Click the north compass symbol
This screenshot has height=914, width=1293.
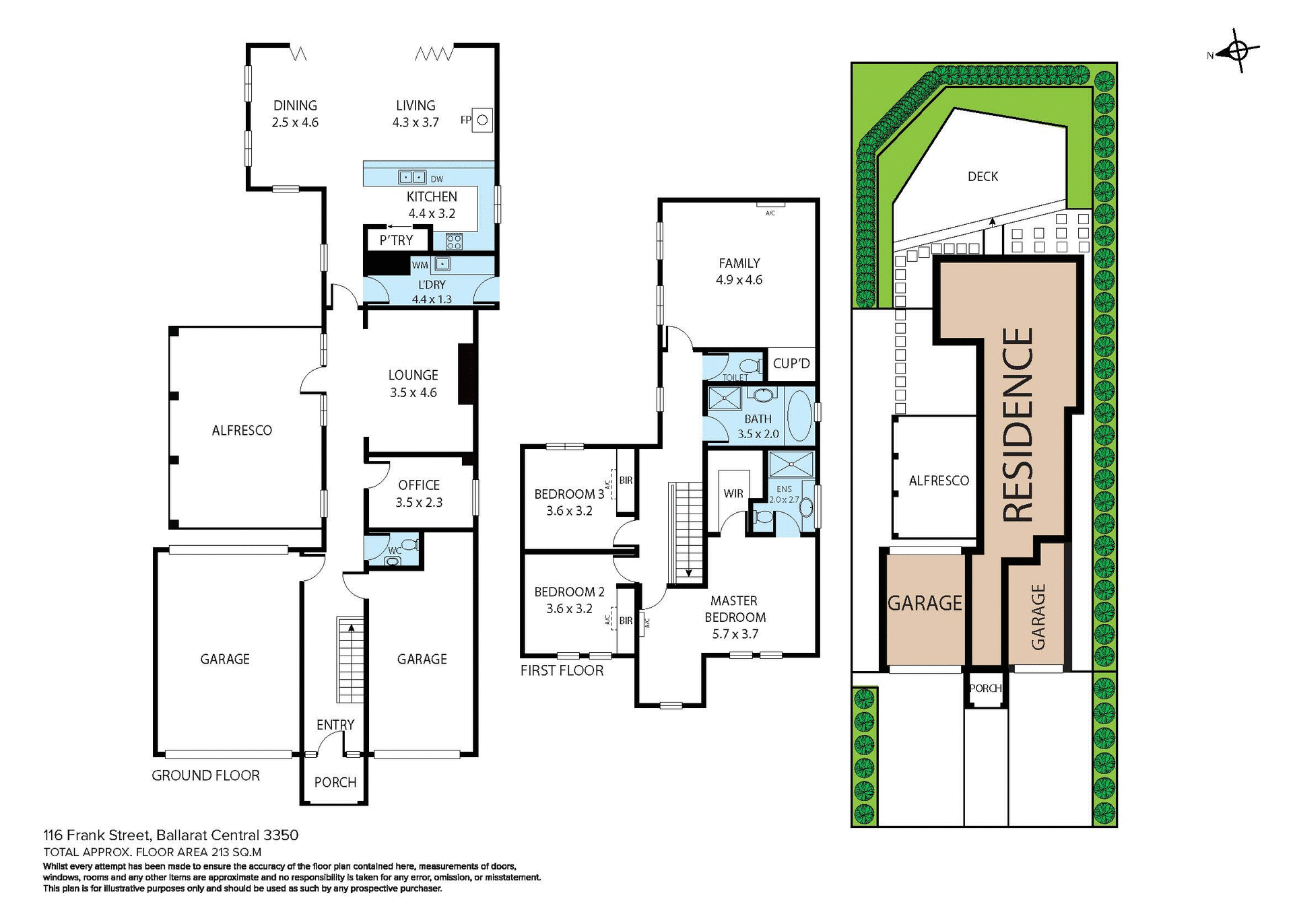[x=1238, y=50]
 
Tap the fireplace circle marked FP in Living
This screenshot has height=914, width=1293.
[x=482, y=120]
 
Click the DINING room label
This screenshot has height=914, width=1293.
[x=295, y=106]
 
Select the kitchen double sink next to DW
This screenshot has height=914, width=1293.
[x=412, y=178]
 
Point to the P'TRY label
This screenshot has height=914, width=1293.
[x=396, y=240]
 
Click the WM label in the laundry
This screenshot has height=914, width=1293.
[x=420, y=265]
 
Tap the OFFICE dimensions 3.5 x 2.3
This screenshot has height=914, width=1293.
[x=419, y=503]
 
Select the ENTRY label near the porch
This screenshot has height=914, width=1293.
[x=335, y=725]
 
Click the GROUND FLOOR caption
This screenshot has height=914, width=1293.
[x=205, y=775]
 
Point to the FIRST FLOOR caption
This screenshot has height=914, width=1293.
[x=562, y=670]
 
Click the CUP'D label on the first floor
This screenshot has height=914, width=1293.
[x=791, y=363]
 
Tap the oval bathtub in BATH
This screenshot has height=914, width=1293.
[x=799, y=415]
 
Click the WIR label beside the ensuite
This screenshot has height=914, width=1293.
[x=733, y=493]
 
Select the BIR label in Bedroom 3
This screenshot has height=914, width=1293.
[x=626, y=481]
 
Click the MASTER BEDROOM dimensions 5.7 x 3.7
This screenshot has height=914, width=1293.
[x=735, y=634]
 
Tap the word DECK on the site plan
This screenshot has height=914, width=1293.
[x=983, y=176]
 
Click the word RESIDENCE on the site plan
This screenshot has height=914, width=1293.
[x=1018, y=425]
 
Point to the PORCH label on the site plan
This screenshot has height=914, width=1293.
[x=985, y=688]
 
